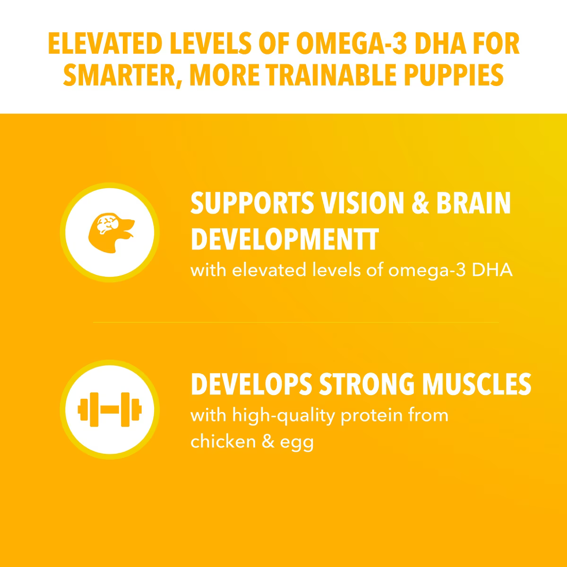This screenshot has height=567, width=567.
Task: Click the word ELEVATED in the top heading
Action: [105, 43]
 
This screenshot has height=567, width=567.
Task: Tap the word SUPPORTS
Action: [252, 203]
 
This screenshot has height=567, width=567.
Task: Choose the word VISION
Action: [362, 203]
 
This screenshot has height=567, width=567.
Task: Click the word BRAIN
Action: [473, 203]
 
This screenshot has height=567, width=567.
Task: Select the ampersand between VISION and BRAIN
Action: [421, 203]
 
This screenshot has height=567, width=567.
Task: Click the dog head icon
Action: [111, 232]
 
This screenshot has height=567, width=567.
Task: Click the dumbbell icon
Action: [110, 409]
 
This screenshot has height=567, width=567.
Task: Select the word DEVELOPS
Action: [251, 384]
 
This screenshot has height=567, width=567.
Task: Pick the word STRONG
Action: [367, 384]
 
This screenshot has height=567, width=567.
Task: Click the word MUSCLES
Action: [477, 384]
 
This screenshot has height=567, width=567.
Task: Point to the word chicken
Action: [223, 441]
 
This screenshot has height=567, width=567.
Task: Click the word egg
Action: [297, 444]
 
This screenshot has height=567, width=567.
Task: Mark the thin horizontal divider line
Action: [296, 323]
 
